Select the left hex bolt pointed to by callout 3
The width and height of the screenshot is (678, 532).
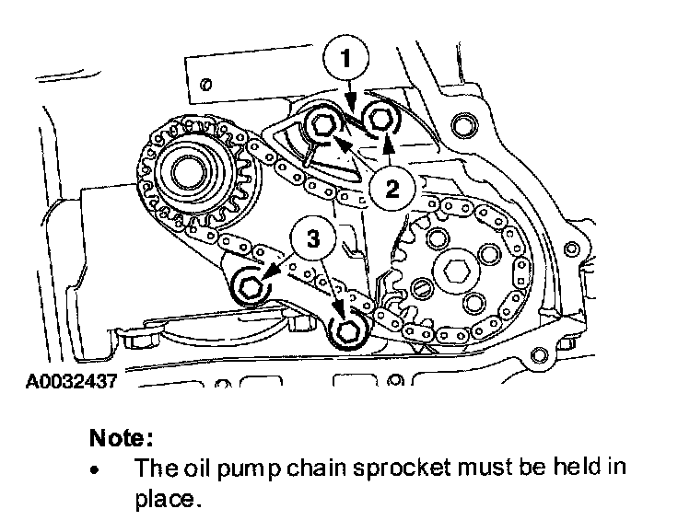(250, 286)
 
